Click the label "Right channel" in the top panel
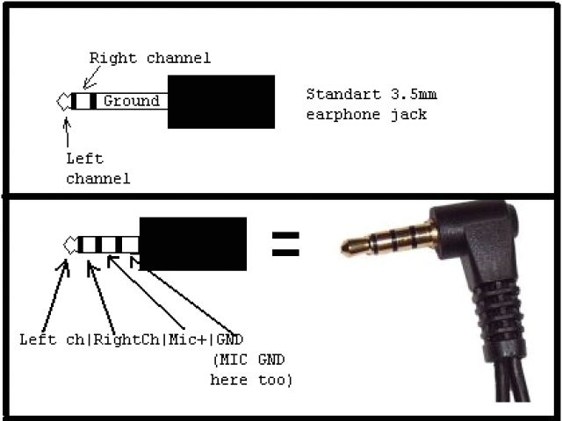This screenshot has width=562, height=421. (x=149, y=59)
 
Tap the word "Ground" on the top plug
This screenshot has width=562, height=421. (x=131, y=101)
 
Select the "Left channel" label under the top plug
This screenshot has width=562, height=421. (x=97, y=168)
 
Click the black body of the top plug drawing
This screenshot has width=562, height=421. (x=220, y=101)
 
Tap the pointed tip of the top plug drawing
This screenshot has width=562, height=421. (x=62, y=101)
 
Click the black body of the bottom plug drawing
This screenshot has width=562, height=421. (x=192, y=244)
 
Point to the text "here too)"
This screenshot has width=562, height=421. (x=251, y=381)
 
